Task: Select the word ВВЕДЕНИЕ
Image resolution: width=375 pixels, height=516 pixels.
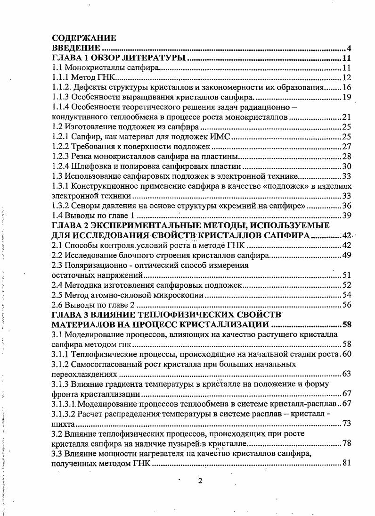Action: tap(75, 48)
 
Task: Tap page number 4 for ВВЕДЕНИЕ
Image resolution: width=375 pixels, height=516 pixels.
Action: tap(351, 48)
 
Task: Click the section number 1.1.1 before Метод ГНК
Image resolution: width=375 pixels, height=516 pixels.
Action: tap(60, 78)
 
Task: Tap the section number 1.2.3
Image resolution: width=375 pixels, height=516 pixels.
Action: tap(60, 156)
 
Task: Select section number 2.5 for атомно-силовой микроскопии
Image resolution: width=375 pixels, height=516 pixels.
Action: tap(57, 295)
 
